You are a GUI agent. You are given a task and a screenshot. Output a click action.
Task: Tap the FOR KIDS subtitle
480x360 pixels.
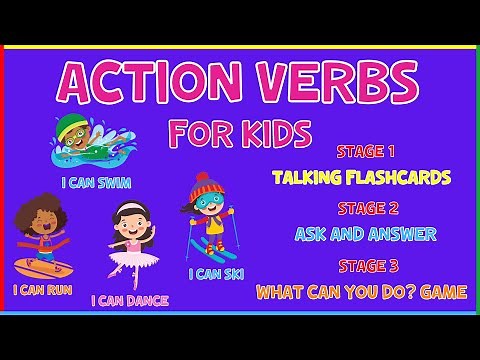[x=240, y=133]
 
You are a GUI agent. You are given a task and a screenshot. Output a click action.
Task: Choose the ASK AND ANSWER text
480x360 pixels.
[x=365, y=235]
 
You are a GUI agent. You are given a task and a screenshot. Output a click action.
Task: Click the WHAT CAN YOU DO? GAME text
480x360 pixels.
[x=361, y=292]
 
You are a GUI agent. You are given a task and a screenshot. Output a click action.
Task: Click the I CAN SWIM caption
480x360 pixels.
[x=95, y=183]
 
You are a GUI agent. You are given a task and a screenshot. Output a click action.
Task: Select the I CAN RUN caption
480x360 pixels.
[x=42, y=290]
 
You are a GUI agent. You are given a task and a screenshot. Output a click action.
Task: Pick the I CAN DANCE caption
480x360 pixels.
[x=130, y=300]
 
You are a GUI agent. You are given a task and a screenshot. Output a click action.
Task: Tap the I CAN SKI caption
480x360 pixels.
[x=215, y=273]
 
